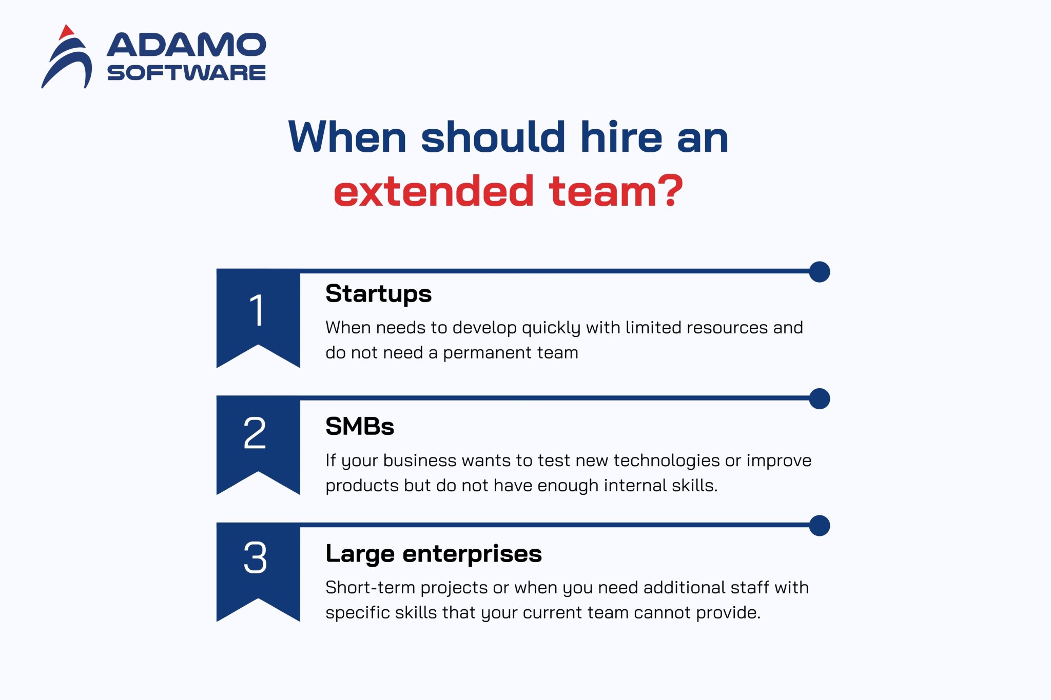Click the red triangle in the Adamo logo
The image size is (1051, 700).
(x=66, y=32)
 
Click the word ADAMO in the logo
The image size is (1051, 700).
(x=186, y=45)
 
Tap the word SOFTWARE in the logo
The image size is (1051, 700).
(x=186, y=73)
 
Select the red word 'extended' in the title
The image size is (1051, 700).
(x=434, y=192)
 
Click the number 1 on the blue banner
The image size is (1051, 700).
(x=257, y=310)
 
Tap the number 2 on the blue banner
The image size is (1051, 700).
(x=255, y=434)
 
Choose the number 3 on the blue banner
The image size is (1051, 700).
(x=255, y=558)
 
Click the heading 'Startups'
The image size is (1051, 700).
(x=378, y=294)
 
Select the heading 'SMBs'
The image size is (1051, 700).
(x=360, y=427)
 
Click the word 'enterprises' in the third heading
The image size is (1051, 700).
(x=472, y=554)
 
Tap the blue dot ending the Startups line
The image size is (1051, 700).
(x=819, y=272)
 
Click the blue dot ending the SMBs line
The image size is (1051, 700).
(x=819, y=399)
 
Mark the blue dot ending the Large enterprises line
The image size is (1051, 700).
(x=819, y=526)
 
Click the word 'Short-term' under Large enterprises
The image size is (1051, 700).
(x=370, y=588)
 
